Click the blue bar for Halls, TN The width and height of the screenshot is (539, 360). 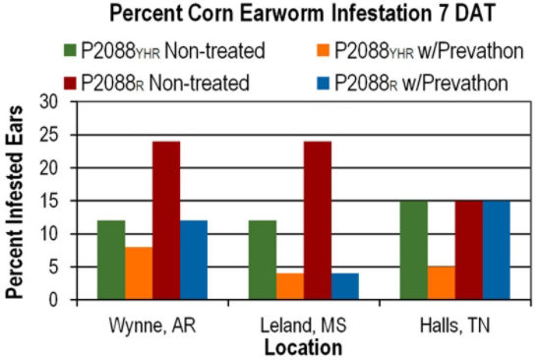(x=496, y=250)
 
